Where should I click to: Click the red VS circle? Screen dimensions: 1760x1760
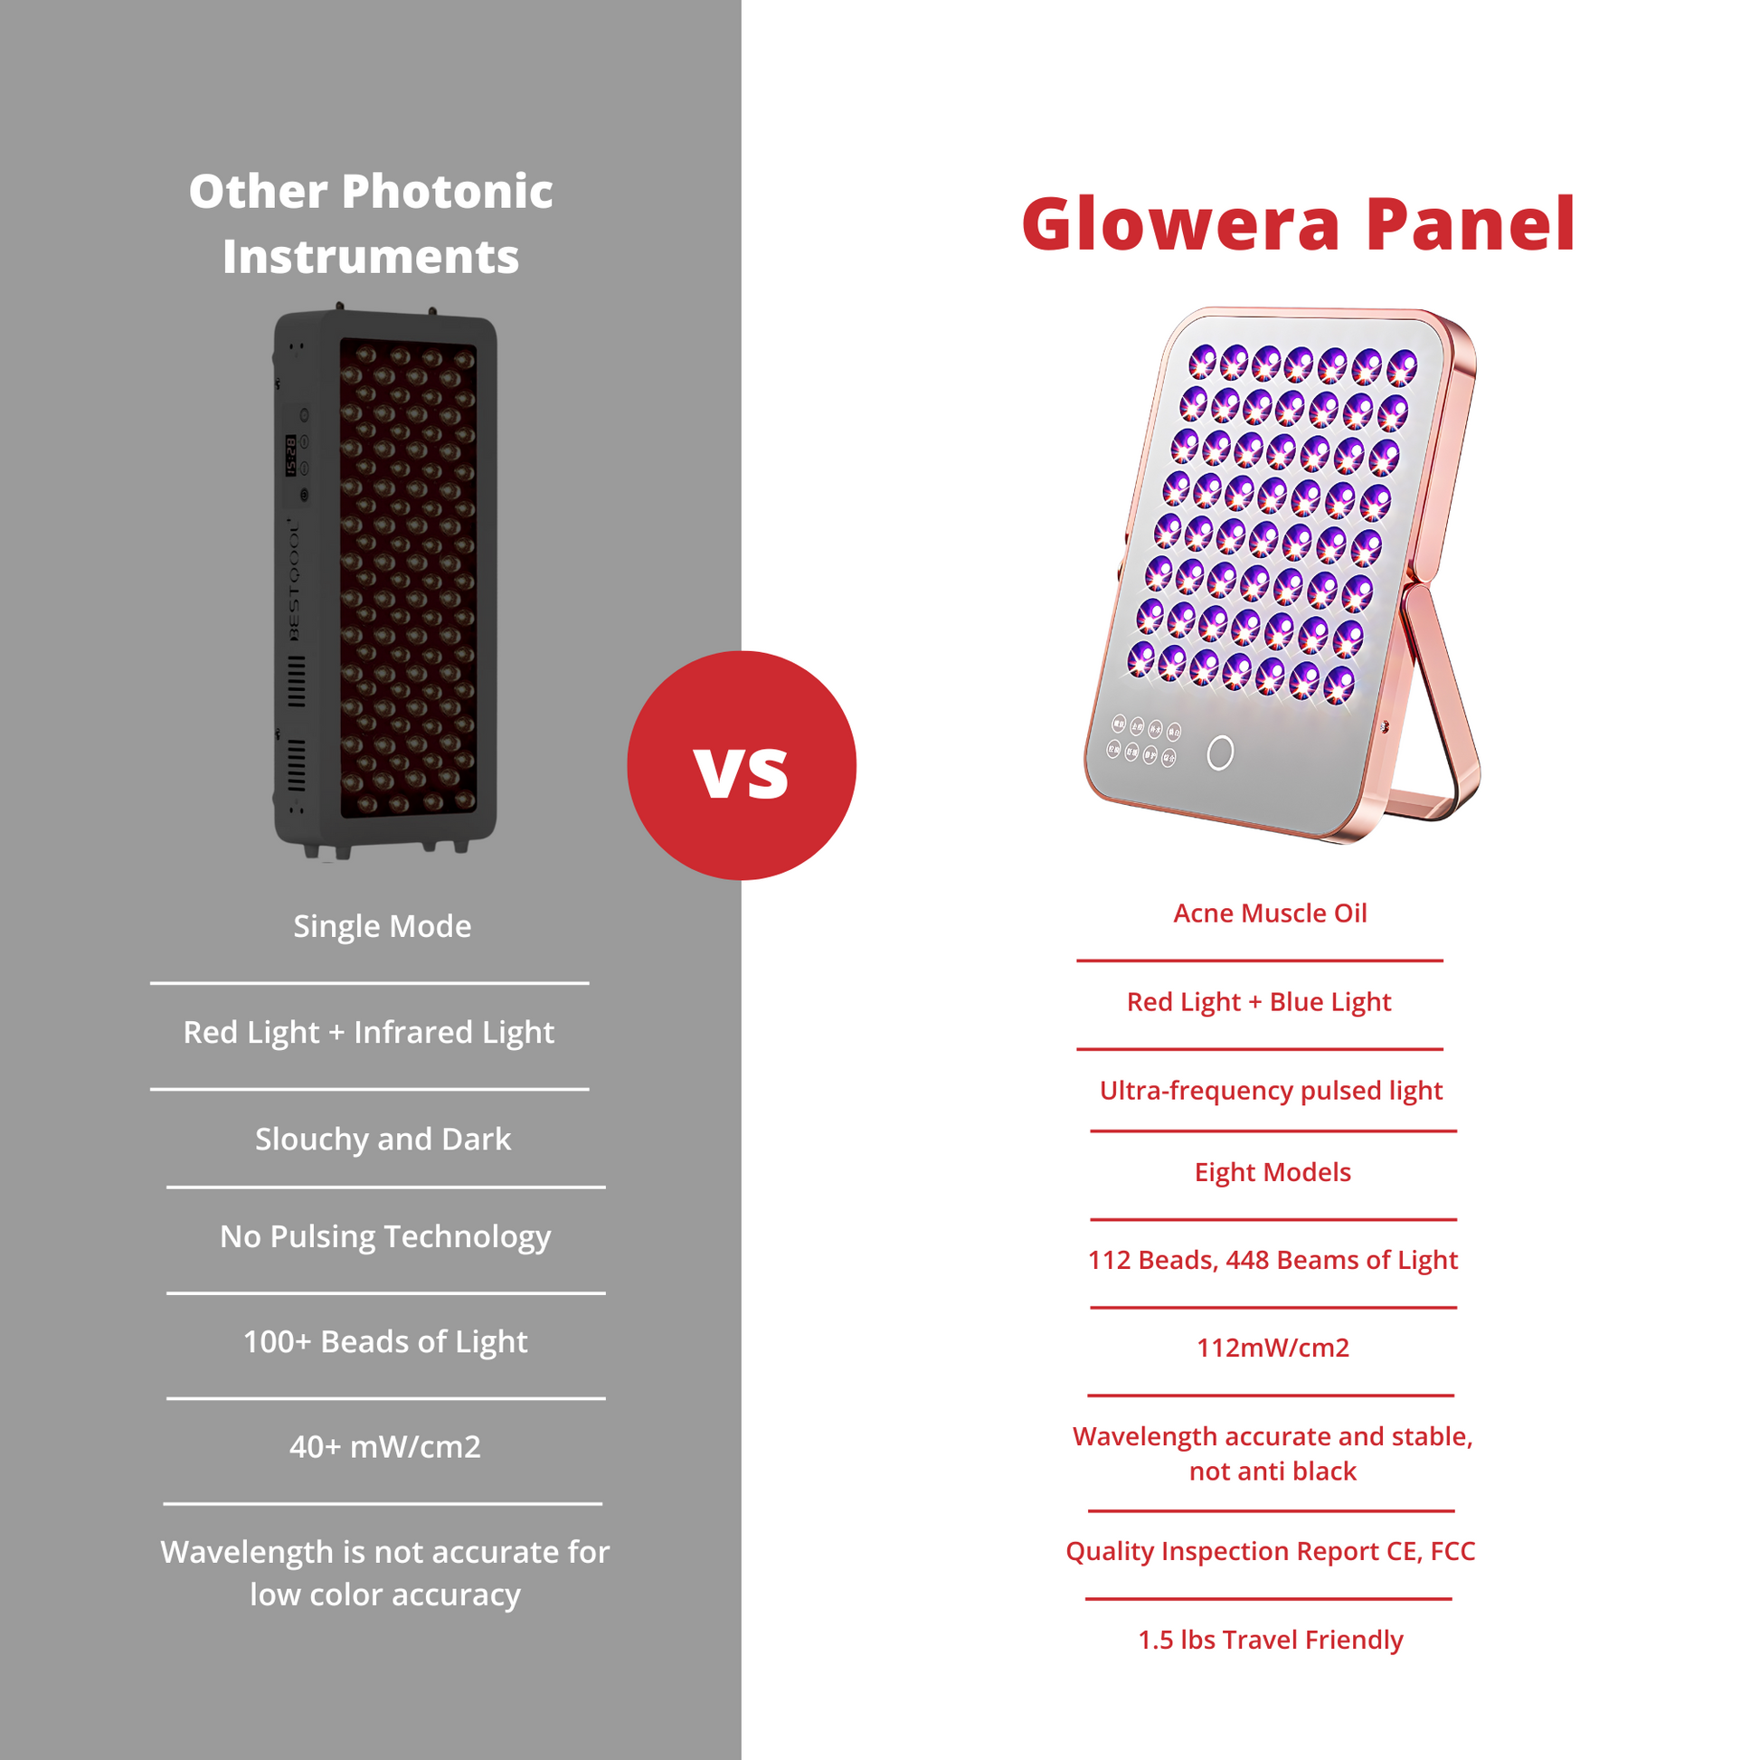tap(742, 765)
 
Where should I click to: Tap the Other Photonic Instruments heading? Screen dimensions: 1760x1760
tap(371, 224)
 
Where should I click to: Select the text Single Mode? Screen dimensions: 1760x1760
tap(383, 926)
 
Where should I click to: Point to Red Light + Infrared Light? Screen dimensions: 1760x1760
tap(369, 1032)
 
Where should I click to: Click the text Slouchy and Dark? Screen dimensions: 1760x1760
tap(383, 1139)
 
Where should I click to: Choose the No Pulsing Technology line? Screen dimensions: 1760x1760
tap(385, 1236)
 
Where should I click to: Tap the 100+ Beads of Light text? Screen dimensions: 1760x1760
tap(385, 1342)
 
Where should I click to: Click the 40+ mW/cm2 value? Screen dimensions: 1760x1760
tap(384, 1447)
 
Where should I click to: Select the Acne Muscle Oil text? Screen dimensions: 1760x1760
tap(1270, 913)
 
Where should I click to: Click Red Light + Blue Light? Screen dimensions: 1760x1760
tap(1259, 1002)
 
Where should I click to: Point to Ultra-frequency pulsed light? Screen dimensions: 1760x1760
tap(1271, 1091)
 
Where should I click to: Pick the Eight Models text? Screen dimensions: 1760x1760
tap(1273, 1171)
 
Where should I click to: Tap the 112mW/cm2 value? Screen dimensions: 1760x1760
tap(1273, 1348)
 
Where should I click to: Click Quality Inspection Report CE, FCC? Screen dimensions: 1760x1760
tap(1270, 1550)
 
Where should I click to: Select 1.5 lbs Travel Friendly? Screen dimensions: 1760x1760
tap(1270, 1640)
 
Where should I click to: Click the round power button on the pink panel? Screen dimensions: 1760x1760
tap(1220, 752)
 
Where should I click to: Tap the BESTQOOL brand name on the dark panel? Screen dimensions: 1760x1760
tap(293, 580)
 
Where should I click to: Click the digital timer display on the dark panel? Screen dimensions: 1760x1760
tap(290, 456)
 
